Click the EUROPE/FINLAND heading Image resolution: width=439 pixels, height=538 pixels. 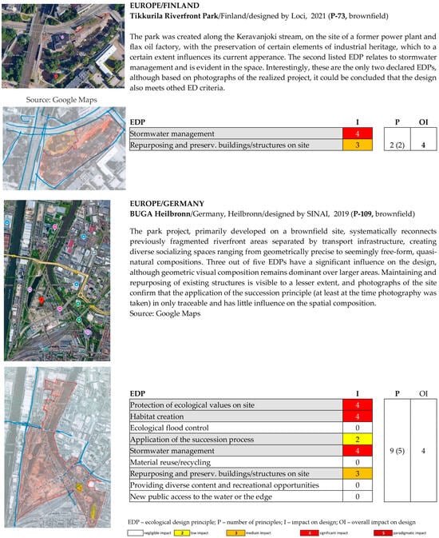point(156,6)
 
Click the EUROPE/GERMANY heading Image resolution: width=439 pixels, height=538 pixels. point(159,204)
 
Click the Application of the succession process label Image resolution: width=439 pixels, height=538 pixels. point(192,440)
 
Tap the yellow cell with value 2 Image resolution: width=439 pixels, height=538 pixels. point(356,440)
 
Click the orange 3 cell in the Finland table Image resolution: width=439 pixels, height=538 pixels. point(356,145)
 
